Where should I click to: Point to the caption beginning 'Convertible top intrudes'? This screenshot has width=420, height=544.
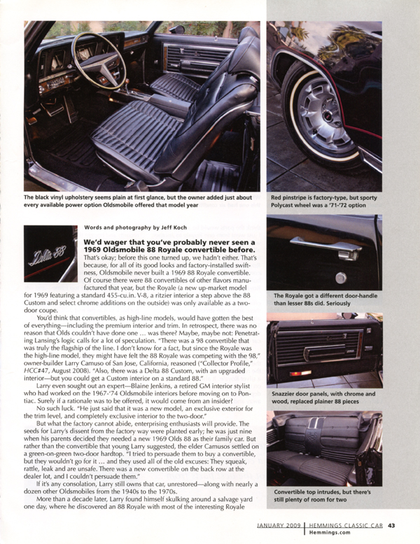(324, 494)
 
